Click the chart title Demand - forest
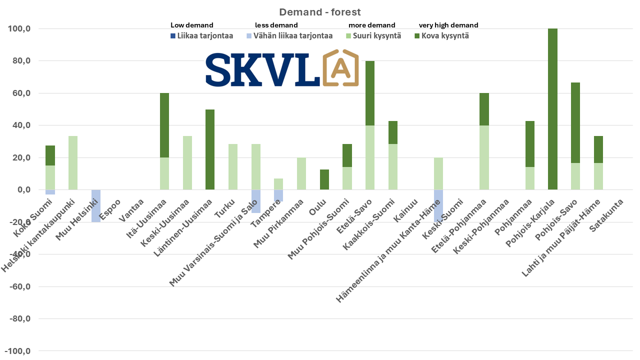(320, 12)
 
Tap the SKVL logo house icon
(340, 68)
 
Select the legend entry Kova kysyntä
(441, 36)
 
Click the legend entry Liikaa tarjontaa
(201, 36)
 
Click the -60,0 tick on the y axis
(19, 286)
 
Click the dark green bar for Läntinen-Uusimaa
(210, 149)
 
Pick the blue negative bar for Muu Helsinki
(96, 205)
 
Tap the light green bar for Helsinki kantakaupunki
(73, 163)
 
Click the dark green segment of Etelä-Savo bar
(369, 93)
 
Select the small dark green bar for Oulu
(324, 179)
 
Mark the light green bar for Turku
(233, 167)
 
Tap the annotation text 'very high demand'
(448, 25)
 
